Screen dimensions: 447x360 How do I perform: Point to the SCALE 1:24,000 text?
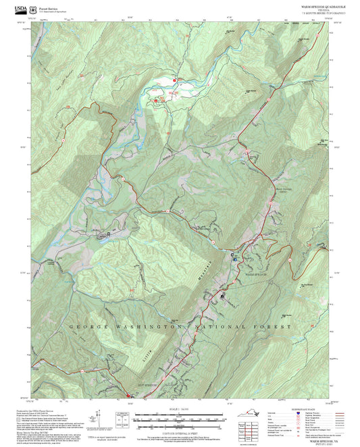[180, 410]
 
